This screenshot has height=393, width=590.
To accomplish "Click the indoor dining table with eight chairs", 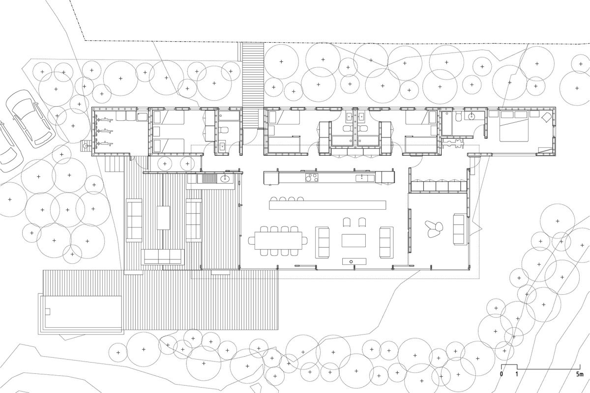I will pyautogui.click(x=278, y=241).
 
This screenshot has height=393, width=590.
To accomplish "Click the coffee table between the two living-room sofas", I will pyautogui.click(x=354, y=241).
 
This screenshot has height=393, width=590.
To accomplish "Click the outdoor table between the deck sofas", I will pyautogui.click(x=163, y=217).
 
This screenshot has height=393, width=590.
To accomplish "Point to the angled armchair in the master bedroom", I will pyautogui.click(x=545, y=118).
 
